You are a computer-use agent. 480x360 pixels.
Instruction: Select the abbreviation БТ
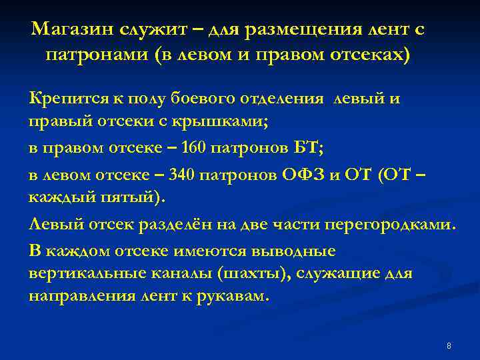click(x=308, y=149)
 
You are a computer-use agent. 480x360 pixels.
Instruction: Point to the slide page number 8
click(x=449, y=346)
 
